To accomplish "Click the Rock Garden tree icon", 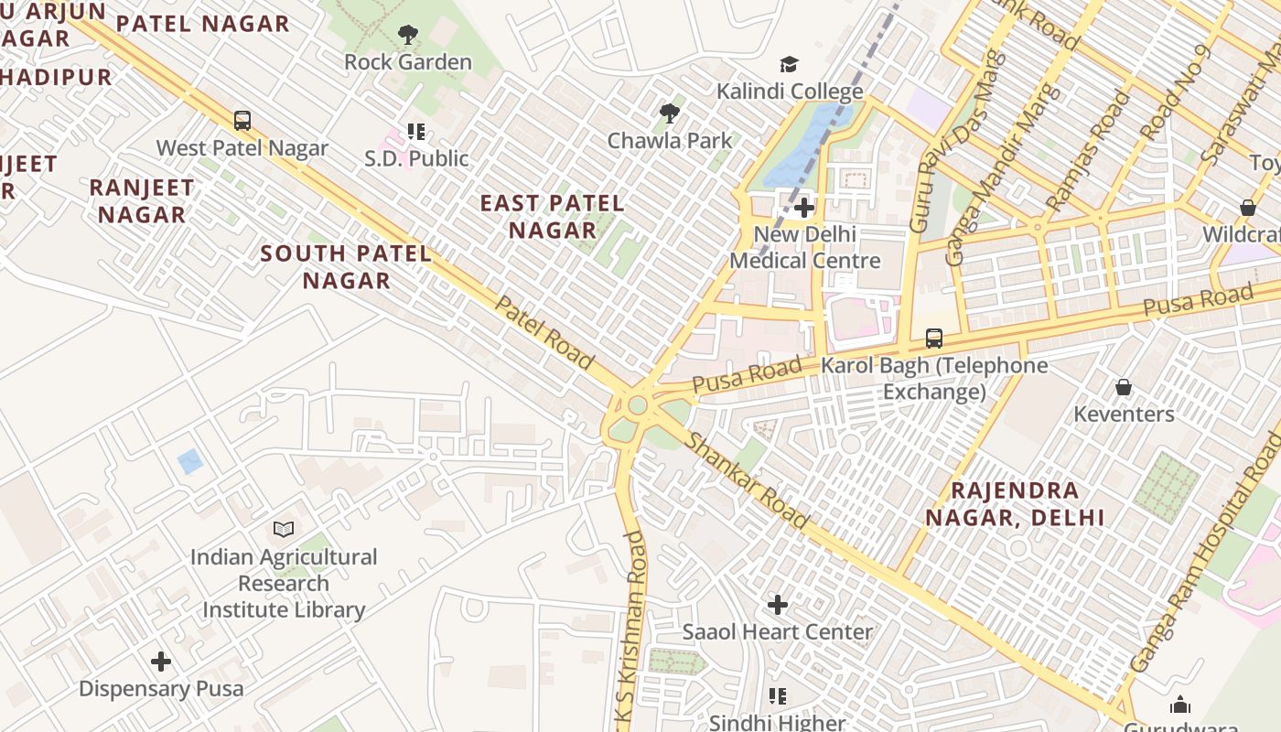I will point(408,36).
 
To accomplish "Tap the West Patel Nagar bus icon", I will point(242,121).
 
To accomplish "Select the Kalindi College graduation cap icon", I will point(789,64).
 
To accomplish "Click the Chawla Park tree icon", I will point(670,113).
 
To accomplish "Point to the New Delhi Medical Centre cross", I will point(804,208).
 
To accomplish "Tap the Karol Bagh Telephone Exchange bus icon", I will point(933,339).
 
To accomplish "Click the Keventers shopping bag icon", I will point(1124,388).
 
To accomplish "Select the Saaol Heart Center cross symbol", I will point(778,605).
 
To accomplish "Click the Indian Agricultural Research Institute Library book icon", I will point(284,530).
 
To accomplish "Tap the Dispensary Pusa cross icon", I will point(161,662).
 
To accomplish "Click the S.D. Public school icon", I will point(416,132).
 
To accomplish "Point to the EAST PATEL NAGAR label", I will point(553,217).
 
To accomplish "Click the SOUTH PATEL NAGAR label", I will point(346,266).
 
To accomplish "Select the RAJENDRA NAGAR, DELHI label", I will point(1015,504).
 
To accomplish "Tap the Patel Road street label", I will point(544,332).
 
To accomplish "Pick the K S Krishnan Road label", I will point(632,631).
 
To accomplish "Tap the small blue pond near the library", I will point(190,461).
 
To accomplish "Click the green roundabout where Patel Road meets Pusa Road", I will point(638,405).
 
